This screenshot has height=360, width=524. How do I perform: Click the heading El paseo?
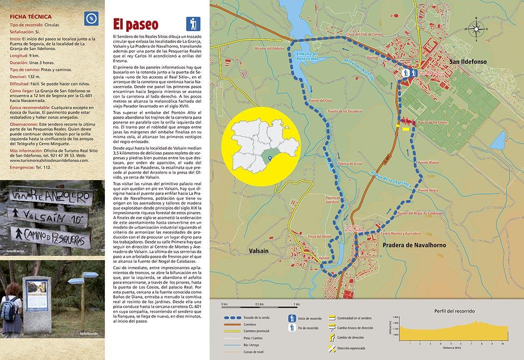[135, 24]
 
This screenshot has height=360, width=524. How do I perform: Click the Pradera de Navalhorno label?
[414, 245]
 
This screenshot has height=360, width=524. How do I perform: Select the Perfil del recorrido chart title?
[454, 311]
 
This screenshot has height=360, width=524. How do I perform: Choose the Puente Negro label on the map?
[428, 190]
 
